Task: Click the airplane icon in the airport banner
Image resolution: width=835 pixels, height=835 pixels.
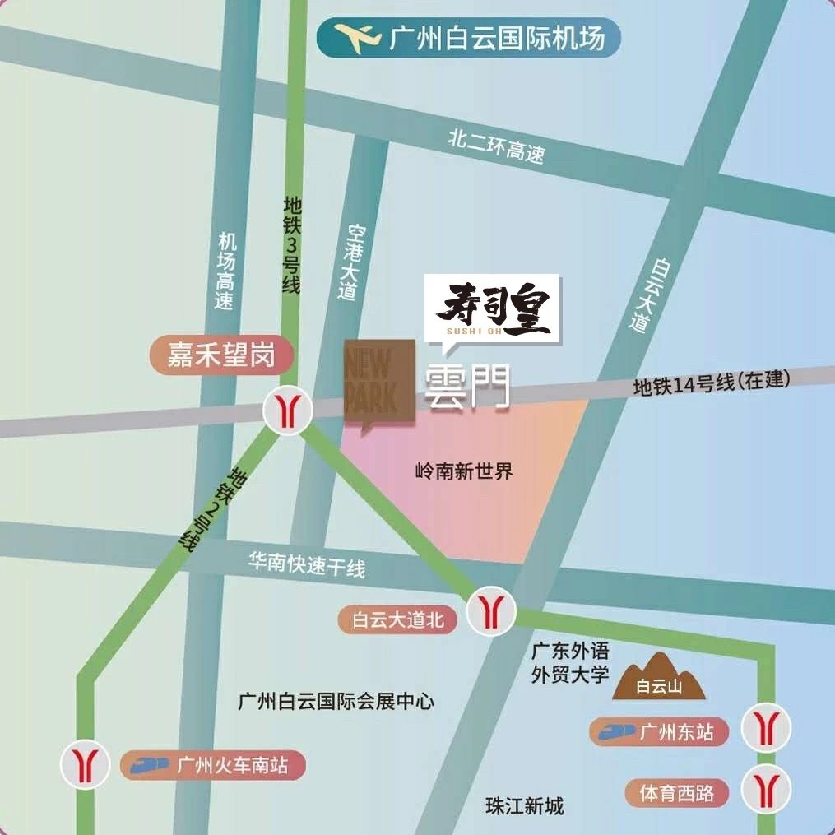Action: click(359, 38)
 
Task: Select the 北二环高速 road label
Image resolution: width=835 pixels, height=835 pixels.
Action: click(495, 146)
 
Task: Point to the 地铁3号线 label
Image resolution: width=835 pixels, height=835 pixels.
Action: click(291, 244)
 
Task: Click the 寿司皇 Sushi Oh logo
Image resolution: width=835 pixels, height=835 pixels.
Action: click(492, 308)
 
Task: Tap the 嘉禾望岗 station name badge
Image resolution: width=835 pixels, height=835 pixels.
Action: click(220, 355)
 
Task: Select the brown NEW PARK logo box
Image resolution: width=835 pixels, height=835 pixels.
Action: click(379, 382)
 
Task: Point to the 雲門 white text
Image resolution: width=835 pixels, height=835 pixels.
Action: click(466, 387)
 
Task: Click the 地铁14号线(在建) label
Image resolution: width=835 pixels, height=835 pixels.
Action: click(711, 383)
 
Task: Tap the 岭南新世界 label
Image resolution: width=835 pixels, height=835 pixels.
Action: click(464, 471)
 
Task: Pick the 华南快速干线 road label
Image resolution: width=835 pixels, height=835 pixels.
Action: click(307, 564)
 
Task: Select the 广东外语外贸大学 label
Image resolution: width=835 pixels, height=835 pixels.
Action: click(570, 663)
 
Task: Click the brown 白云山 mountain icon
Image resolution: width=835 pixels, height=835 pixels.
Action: click(658, 676)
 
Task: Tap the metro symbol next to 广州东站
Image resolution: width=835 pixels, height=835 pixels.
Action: click(766, 728)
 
